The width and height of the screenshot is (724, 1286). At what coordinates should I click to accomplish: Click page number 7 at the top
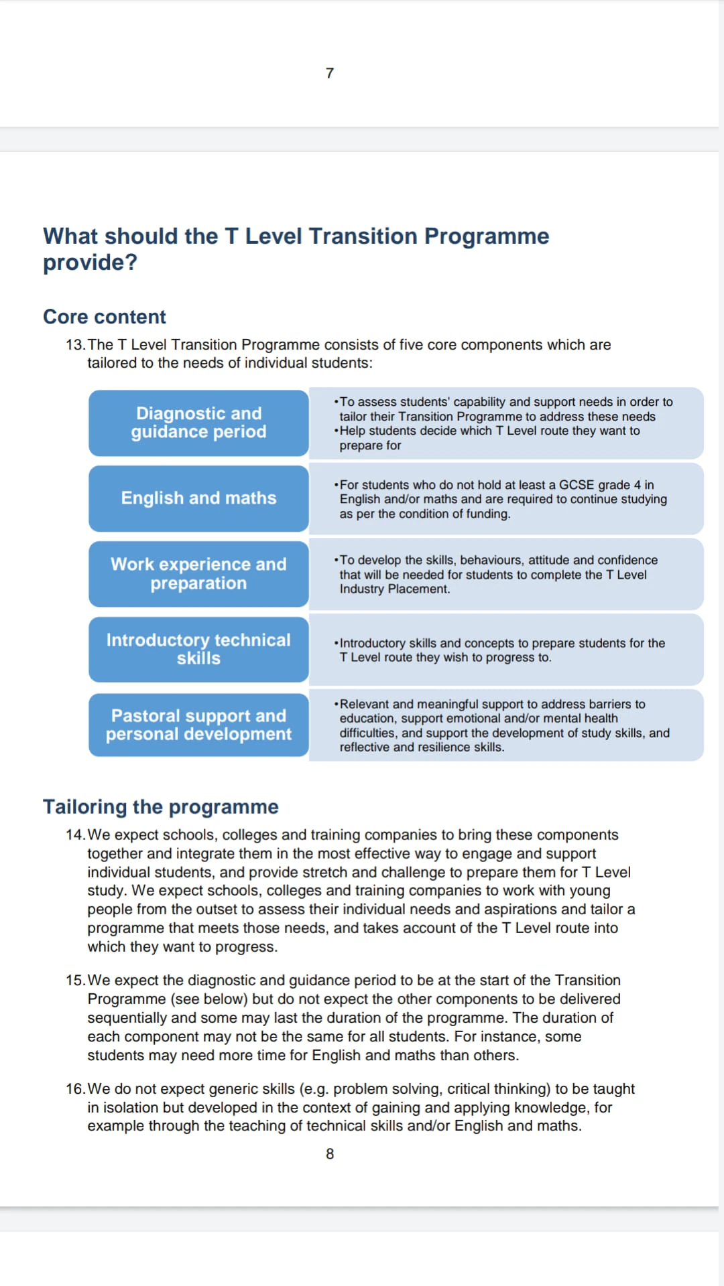[329, 73]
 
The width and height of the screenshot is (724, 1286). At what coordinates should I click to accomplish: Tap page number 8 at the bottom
[330, 1153]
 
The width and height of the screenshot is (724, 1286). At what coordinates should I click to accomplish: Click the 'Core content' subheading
[105, 317]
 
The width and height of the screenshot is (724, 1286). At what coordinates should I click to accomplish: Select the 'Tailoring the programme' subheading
[161, 806]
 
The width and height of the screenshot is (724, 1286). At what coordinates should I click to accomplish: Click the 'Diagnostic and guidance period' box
[198, 423]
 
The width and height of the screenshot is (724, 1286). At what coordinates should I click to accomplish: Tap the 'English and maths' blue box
[198, 498]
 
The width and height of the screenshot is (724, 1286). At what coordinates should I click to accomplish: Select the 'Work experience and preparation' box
[198, 573]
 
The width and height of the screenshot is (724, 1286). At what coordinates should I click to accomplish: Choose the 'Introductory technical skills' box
[198, 649]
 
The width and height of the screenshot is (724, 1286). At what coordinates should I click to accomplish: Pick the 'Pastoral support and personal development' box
[198, 725]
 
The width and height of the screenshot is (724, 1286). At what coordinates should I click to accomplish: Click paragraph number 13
[75, 345]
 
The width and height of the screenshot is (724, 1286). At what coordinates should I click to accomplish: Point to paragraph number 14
[75, 835]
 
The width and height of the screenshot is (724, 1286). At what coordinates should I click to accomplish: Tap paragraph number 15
[75, 981]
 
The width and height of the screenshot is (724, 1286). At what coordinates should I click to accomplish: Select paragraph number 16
[75, 1089]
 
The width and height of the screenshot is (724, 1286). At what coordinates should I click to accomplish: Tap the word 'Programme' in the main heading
[487, 236]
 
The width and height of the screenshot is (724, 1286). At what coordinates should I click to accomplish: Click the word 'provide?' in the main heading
[90, 263]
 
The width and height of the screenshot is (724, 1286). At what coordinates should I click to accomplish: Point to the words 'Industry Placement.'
[395, 589]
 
